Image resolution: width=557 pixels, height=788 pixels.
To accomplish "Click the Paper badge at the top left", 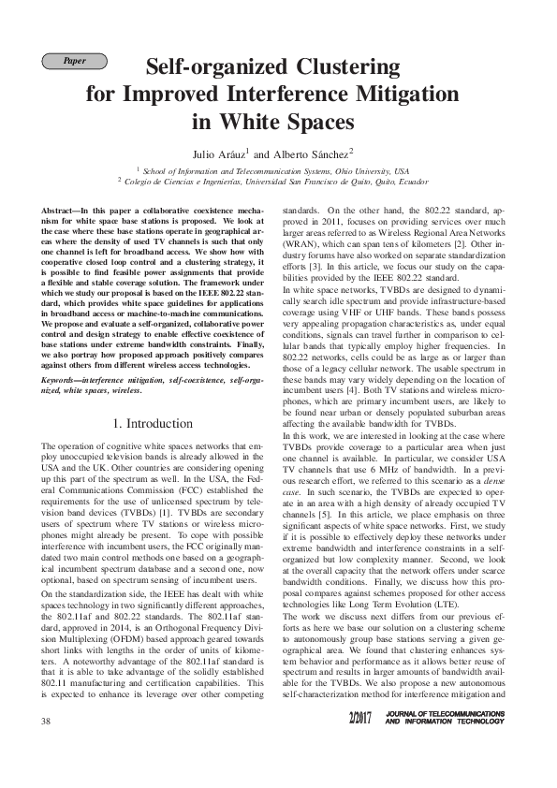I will click(75, 62).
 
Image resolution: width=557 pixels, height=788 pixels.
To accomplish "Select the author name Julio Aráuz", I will click(220, 153).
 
